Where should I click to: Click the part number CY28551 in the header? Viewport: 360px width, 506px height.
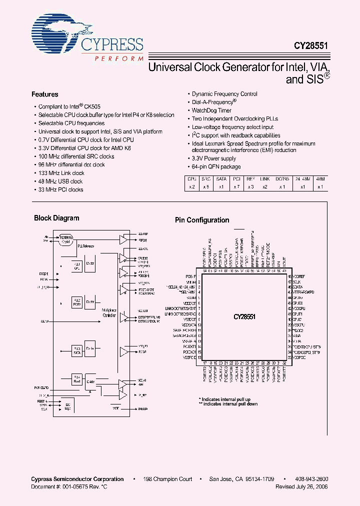tap(311, 44)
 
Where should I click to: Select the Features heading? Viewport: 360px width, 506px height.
tap(44, 94)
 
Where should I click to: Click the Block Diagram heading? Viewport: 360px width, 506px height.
tap(56, 218)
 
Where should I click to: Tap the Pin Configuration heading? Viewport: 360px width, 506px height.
tap(201, 220)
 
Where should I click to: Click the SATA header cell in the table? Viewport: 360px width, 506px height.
tap(221, 178)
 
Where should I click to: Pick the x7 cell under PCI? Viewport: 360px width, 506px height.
tap(236, 186)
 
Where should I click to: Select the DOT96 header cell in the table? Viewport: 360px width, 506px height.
tap(282, 178)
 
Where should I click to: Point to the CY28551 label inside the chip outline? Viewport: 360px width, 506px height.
tap(244, 316)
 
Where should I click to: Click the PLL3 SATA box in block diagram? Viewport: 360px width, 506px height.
tap(77, 349)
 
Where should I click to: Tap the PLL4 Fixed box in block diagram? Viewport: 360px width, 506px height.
tap(77, 378)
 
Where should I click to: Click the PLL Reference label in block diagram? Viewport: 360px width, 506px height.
tap(85, 246)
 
